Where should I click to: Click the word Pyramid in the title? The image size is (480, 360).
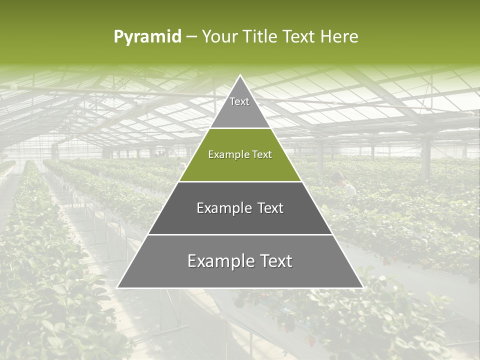click(x=147, y=37)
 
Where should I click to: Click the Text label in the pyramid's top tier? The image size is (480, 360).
click(x=239, y=101)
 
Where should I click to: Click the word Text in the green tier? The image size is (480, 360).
click(x=262, y=155)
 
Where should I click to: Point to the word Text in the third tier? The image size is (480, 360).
click(x=270, y=208)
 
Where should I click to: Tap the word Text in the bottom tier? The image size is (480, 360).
click(x=275, y=261)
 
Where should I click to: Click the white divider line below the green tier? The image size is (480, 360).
click(x=240, y=181)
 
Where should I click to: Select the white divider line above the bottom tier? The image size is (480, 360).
click(x=240, y=234)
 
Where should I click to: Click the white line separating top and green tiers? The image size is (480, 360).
click(x=240, y=128)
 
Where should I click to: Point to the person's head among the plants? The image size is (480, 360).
click(x=338, y=176)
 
